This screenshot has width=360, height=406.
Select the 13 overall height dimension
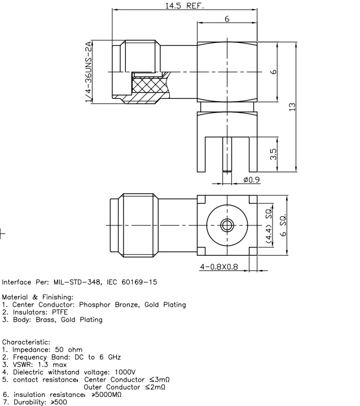(292, 107)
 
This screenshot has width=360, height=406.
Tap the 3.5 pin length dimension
(273, 154)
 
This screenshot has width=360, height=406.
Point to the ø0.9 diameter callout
(251, 180)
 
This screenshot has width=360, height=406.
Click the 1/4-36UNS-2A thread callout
(89, 72)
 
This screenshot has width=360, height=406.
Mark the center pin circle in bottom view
(227, 225)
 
